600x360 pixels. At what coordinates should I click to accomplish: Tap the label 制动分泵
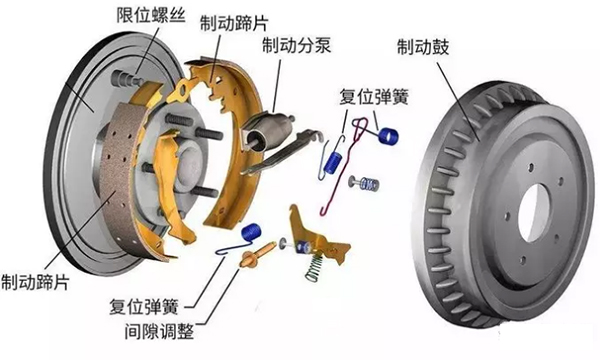296,46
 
